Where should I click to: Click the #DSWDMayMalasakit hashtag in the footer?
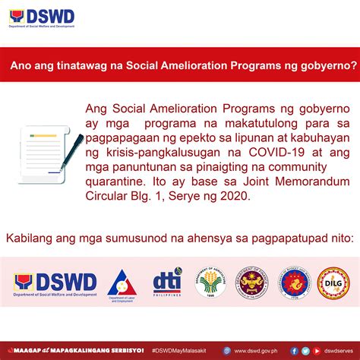[x=187, y=351]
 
